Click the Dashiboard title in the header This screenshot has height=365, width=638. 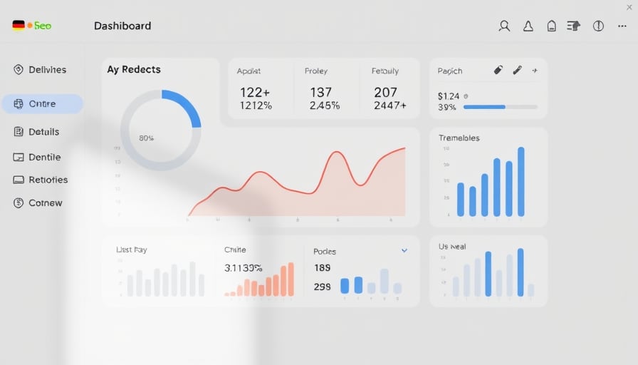122,26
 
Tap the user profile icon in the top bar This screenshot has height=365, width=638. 504,26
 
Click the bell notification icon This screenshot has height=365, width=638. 528,26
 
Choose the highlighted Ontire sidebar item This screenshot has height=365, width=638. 42,104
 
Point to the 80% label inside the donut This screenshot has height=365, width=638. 147,138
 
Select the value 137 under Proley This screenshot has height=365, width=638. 321,92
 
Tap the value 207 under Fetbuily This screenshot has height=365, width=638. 385,92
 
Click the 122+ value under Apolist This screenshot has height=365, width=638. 255,92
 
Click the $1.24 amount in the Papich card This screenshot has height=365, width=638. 449,96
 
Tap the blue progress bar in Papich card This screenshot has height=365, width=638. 484,107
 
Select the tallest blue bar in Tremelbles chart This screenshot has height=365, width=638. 521,182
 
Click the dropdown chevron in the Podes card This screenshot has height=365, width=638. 404,251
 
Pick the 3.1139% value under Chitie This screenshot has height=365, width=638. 244,268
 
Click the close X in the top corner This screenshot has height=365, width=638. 629,7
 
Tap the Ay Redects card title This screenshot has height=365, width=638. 134,70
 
